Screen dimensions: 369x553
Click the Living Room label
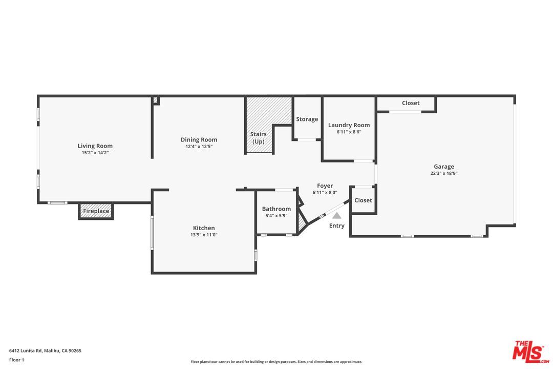pyautogui.click(x=95, y=146)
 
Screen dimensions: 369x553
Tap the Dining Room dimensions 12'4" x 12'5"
pyautogui.click(x=199, y=147)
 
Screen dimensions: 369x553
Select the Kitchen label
pyautogui.click(x=204, y=228)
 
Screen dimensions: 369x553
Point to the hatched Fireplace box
pyautogui.click(x=96, y=211)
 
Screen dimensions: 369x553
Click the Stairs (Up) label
pyautogui.click(x=258, y=138)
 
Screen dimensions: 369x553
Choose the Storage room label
pyautogui.click(x=307, y=119)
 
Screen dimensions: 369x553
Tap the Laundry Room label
pyautogui.click(x=349, y=125)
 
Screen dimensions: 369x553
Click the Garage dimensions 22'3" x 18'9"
pyautogui.click(x=444, y=173)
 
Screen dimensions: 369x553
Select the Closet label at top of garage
pyautogui.click(x=411, y=103)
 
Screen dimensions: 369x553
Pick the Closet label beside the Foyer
pyautogui.click(x=363, y=200)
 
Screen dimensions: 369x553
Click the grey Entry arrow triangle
pyautogui.click(x=336, y=216)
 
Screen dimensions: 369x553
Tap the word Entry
pyautogui.click(x=337, y=226)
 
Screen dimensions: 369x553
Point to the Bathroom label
pyautogui.click(x=276, y=209)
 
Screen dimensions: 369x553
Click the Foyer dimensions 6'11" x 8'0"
pyautogui.click(x=325, y=193)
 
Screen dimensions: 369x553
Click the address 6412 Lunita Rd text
pyautogui.click(x=45, y=351)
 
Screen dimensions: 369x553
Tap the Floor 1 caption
pyautogui.click(x=16, y=360)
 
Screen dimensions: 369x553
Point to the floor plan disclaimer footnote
pyautogui.click(x=276, y=362)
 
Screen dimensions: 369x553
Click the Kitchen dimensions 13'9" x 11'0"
pyautogui.click(x=204, y=235)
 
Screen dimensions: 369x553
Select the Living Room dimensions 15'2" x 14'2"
pyautogui.click(x=95, y=153)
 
